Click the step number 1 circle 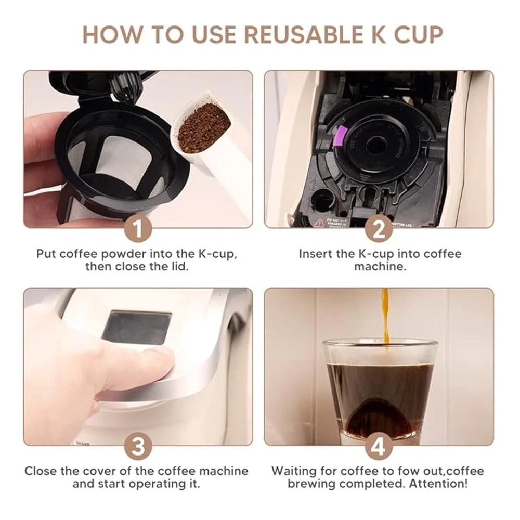click(138, 229)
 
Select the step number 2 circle click(379, 229)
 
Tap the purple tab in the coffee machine click(336, 133)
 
